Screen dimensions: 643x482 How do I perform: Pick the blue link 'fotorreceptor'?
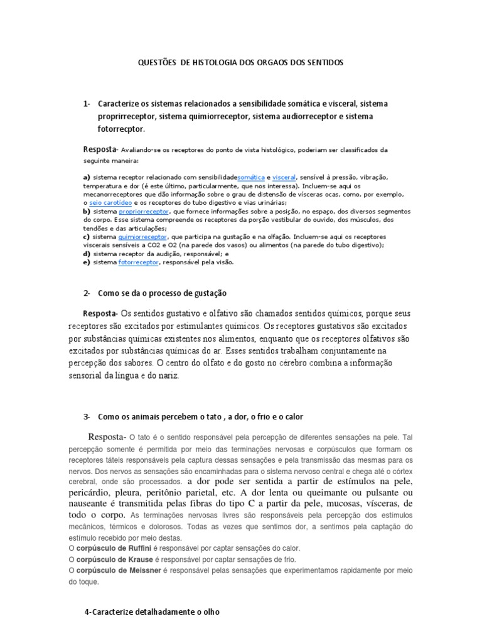[138, 262]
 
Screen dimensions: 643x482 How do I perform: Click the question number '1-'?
[87, 103]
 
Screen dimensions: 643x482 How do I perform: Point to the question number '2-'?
[87, 293]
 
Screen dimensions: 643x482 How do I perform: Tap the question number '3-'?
[87, 417]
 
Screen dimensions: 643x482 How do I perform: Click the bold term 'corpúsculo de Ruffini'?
[114, 548]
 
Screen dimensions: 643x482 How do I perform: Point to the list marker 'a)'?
[87, 178]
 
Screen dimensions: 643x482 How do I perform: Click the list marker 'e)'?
[87, 262]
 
